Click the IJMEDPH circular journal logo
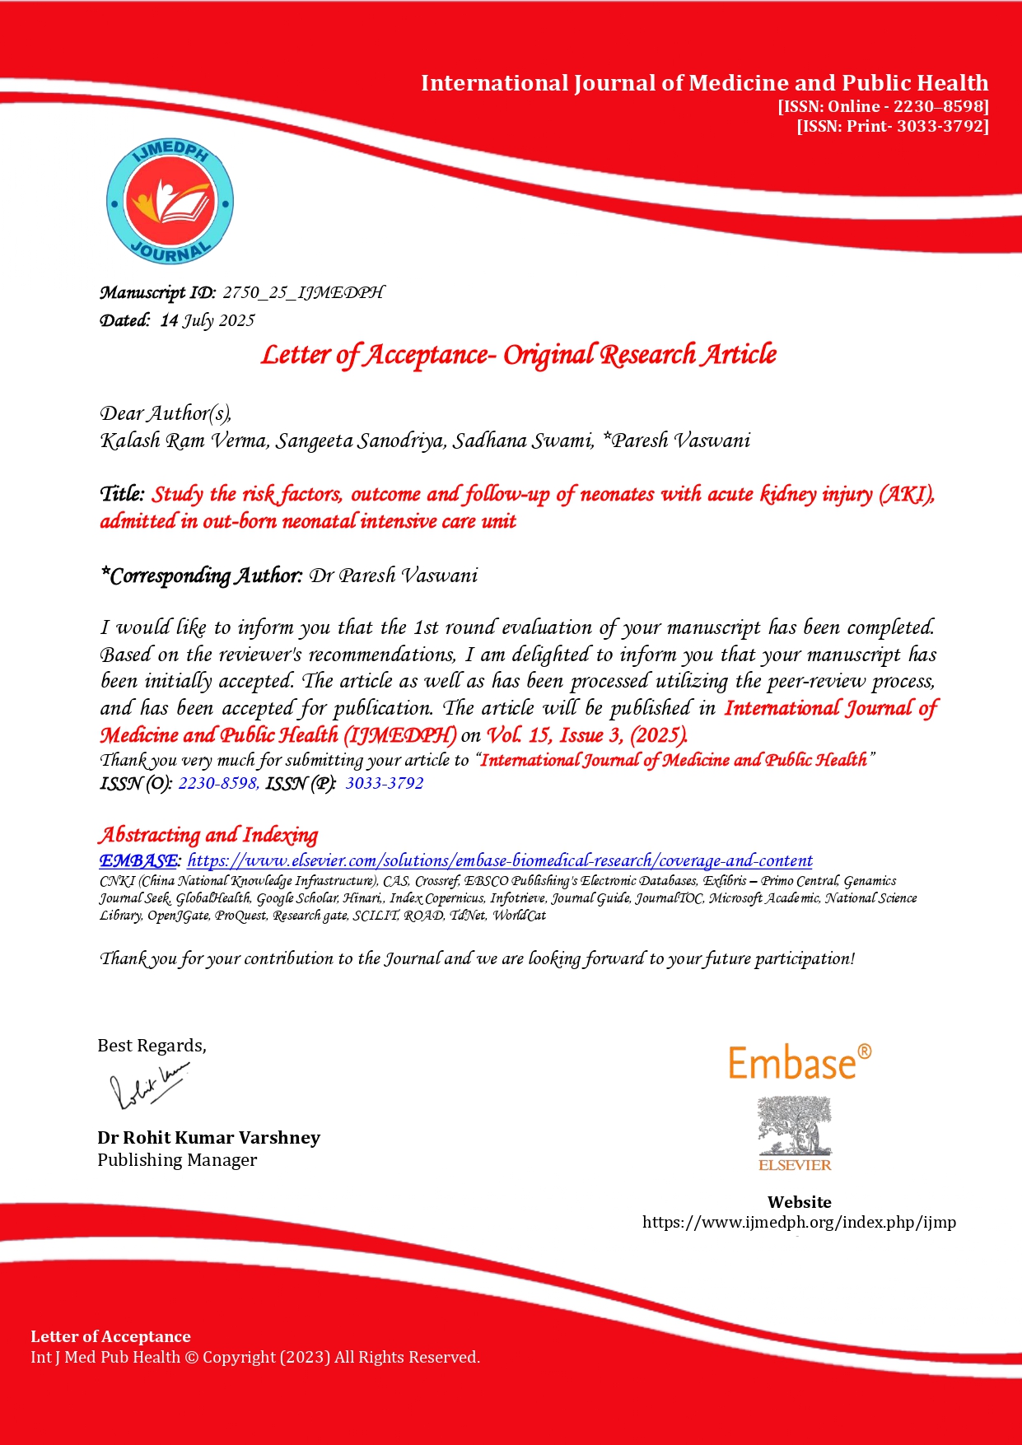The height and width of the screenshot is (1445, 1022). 170,202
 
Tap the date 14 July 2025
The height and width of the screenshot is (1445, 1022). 208,320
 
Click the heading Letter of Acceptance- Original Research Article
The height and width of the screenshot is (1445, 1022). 519,355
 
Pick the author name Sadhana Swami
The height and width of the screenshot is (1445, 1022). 523,440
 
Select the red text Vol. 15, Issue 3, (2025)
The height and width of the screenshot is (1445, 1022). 586,734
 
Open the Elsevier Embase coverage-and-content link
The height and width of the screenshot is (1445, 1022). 500,860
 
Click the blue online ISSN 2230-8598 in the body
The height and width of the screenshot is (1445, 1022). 218,783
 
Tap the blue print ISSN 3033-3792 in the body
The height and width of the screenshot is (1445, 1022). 385,783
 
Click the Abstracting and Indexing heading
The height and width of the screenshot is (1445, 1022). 208,835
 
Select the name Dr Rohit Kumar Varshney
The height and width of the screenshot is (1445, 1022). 208,1137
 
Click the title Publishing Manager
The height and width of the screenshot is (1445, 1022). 177,1159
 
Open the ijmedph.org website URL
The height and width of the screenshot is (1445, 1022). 799,1222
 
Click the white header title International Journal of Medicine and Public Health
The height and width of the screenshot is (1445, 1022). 704,83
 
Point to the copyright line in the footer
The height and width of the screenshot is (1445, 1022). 255,1357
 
